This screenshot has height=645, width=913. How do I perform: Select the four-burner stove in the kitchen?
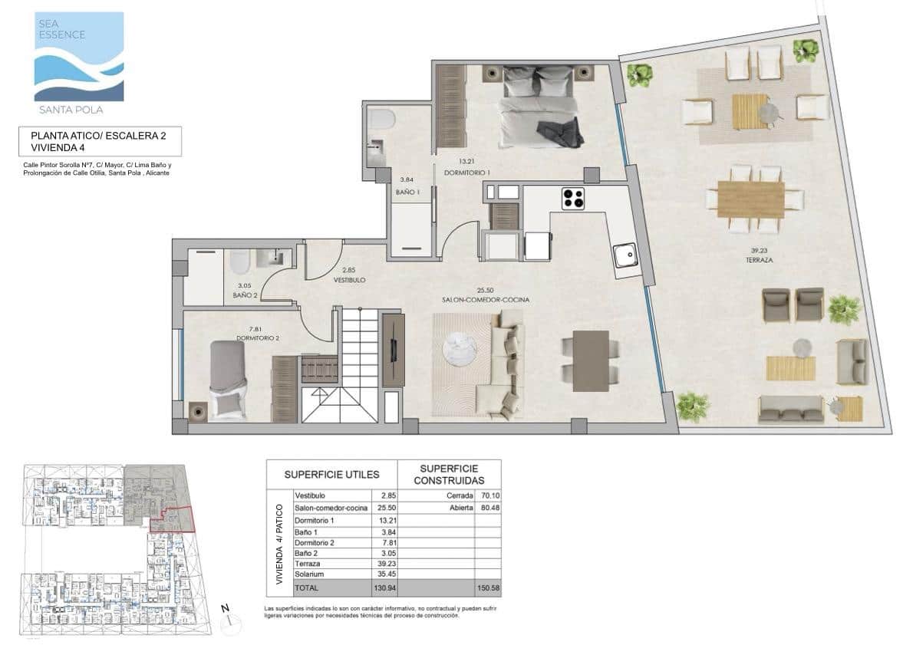pyautogui.click(x=572, y=198)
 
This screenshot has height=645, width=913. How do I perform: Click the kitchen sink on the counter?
pyautogui.click(x=625, y=252)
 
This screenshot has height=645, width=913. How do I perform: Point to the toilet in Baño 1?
pyautogui.click(x=381, y=120)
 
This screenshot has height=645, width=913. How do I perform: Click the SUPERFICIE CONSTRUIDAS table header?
pyautogui.click(x=449, y=475)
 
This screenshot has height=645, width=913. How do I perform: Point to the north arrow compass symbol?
pyautogui.click(x=226, y=617)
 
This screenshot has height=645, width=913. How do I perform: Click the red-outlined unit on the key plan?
pyautogui.click(x=173, y=519)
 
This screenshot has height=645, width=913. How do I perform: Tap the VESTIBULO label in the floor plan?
pyautogui.click(x=349, y=281)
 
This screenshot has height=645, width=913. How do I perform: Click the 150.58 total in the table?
pyautogui.click(x=488, y=587)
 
